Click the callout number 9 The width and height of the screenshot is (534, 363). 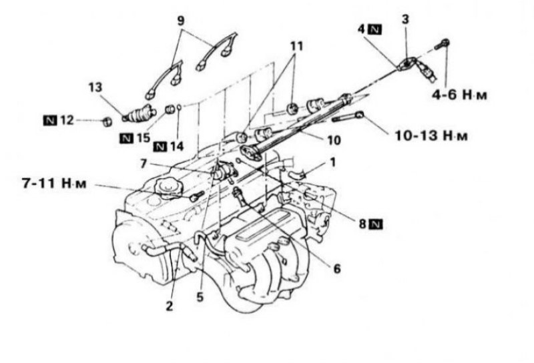(181, 21)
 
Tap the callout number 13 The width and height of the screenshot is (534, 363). (95, 87)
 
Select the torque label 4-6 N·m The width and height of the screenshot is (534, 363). (459, 95)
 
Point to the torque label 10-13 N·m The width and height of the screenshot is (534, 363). (431, 136)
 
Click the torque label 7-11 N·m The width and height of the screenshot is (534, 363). (54, 184)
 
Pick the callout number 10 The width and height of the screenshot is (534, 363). (334, 140)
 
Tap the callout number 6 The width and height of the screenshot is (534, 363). (336, 269)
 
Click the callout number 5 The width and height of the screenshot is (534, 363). (200, 297)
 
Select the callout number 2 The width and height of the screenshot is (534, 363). (170, 306)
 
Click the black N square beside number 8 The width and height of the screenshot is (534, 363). (376, 224)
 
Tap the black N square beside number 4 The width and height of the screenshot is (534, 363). (375, 30)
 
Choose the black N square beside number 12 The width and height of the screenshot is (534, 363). (50, 120)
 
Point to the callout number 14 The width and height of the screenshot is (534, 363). (177, 146)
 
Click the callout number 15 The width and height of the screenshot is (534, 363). (143, 138)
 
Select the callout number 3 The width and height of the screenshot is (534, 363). (405, 19)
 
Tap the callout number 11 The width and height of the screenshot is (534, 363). (296, 46)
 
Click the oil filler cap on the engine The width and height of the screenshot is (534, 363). (169, 188)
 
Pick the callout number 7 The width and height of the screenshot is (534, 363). (144, 163)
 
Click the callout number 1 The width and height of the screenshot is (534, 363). (332, 162)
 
